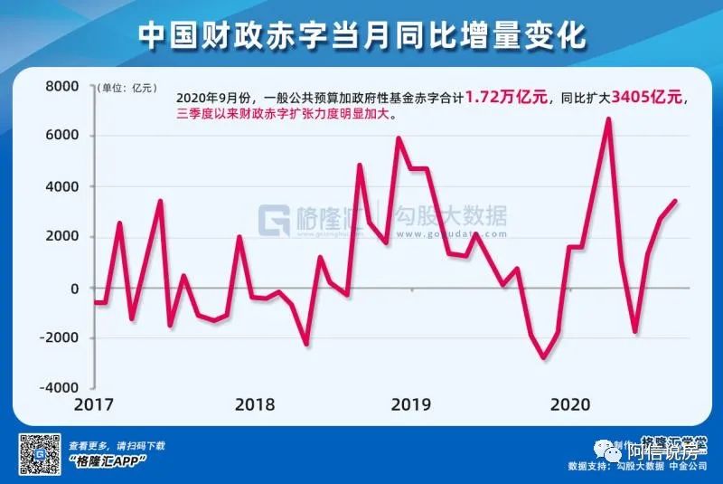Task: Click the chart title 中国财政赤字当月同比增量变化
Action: click(361, 35)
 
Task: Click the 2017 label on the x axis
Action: click(95, 403)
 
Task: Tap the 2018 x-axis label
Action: click(255, 403)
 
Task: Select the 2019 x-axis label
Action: click(412, 403)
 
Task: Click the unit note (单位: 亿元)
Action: click(127, 88)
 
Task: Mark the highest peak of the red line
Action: click(608, 119)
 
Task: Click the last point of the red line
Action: click(675, 201)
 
